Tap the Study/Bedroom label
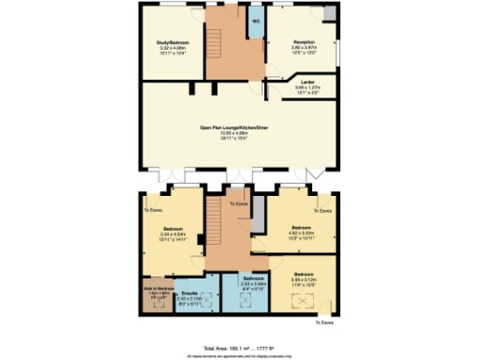pos(172,41)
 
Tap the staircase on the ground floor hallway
pos(213,42)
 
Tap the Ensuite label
pos(188,292)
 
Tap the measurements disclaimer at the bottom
pos(240,355)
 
